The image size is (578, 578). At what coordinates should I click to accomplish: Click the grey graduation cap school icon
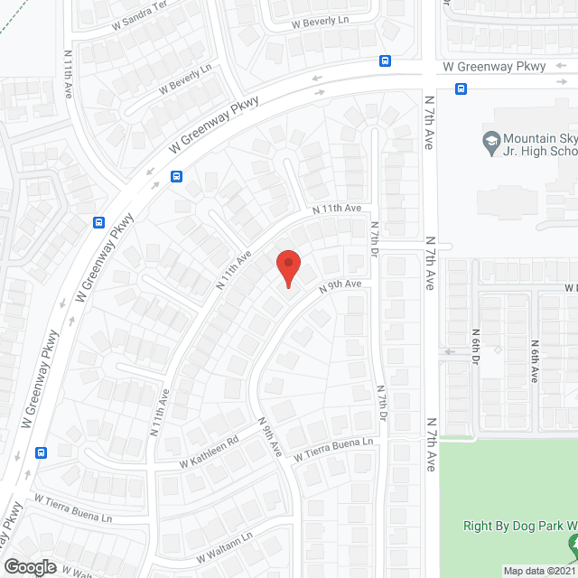click(x=490, y=140)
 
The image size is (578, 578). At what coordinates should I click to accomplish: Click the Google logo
click(x=30, y=566)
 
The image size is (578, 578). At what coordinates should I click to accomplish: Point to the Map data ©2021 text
click(x=539, y=571)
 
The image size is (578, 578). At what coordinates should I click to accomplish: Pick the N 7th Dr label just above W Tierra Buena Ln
click(x=382, y=404)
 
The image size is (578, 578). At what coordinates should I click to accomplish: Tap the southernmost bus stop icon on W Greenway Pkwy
click(x=40, y=452)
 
